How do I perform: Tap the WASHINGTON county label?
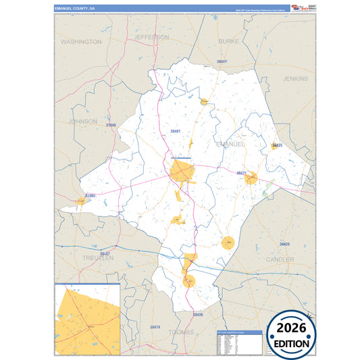point(81,42)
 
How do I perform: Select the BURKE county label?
point(229,41)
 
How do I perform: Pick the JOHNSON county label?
point(83,122)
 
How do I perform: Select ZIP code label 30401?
point(176,130)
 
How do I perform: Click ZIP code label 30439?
point(284,244)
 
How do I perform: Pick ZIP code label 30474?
point(155,328)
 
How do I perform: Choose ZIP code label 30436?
point(197,315)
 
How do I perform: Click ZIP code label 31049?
point(110,126)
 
